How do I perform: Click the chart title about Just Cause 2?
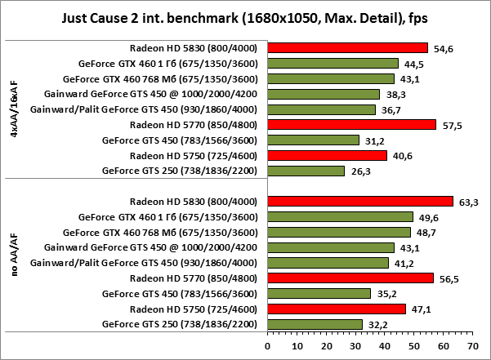coord(245,17)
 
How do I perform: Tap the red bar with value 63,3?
coord(359,202)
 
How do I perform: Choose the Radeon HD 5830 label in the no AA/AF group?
coord(194,202)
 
